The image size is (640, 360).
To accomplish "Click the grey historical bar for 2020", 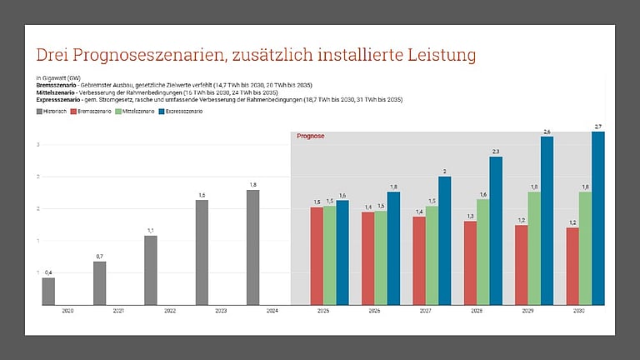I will coord(48,291).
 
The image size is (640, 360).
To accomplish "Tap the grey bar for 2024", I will coord(252,247).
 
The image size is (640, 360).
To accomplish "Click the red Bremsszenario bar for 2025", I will coord(317,256).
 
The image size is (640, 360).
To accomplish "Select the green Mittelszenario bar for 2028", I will coord(482,252).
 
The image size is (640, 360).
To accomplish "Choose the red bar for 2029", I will coord(521,265).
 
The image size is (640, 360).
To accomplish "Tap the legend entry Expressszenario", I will coord(184,111).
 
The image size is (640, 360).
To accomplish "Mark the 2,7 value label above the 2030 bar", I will coord(597,126).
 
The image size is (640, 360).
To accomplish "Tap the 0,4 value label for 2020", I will coord(48,272).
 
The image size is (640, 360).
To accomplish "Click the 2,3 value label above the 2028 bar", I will coord(496,151).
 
